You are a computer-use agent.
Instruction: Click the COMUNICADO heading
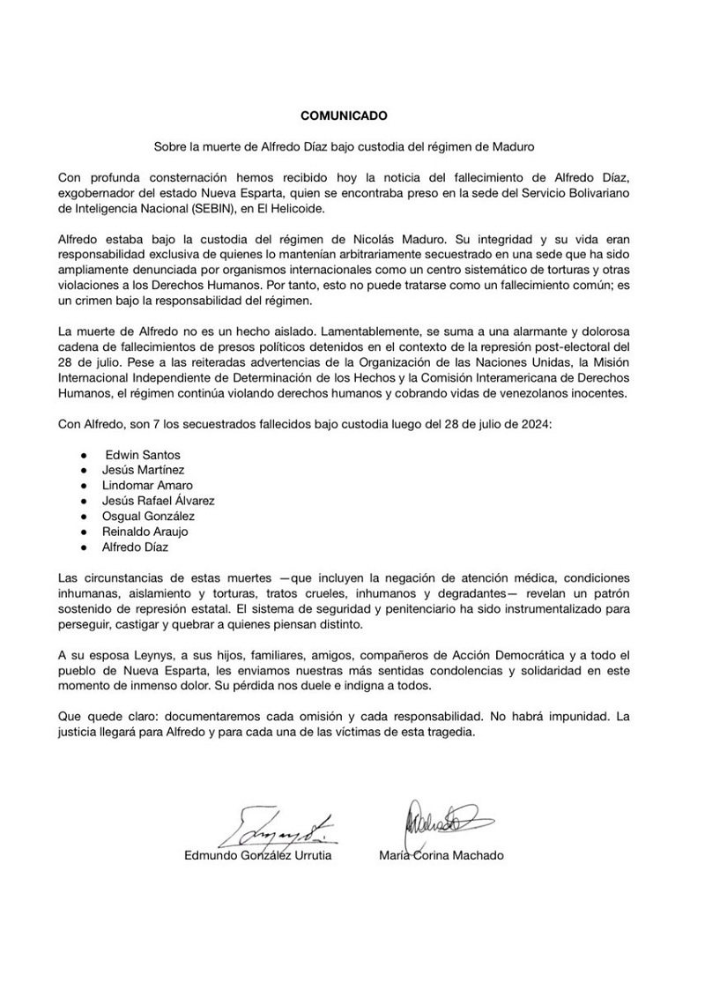pos(344,115)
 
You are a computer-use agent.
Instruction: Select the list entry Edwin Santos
pos(143,454)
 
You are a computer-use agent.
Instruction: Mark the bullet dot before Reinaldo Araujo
pos(82,532)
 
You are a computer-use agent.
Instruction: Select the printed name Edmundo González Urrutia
pos(258,855)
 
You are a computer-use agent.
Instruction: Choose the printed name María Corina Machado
pos(441,855)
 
